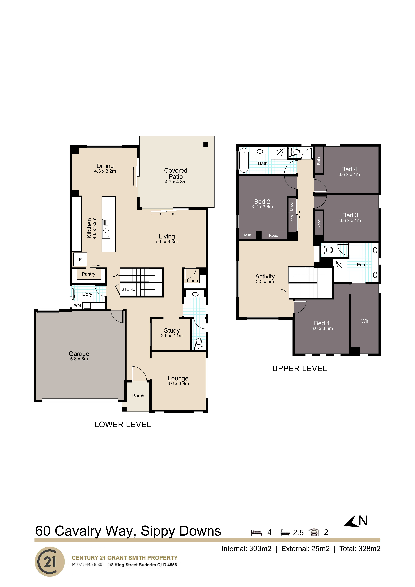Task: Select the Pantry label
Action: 88,274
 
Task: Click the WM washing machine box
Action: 77,305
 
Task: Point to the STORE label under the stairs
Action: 128,289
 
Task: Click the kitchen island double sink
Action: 106,229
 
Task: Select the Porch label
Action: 138,396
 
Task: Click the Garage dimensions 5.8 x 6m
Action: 79,359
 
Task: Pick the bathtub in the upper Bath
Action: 244,160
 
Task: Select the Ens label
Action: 361,265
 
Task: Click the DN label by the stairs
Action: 283,291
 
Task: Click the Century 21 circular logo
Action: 50,562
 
